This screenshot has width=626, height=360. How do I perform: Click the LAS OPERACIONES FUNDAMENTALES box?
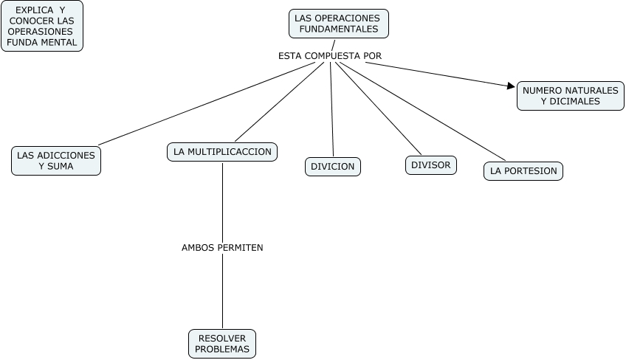click(338, 24)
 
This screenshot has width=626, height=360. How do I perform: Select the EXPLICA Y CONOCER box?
click(41, 26)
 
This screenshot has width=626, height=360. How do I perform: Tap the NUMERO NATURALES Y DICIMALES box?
click(570, 96)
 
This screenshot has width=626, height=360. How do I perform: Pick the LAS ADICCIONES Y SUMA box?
click(56, 161)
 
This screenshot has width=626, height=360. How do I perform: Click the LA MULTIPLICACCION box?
click(222, 152)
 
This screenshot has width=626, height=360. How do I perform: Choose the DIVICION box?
click(332, 167)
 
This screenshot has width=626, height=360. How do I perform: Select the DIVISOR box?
click(430, 165)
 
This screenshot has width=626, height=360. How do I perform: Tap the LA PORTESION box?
click(523, 171)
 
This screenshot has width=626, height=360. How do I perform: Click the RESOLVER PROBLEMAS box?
click(222, 344)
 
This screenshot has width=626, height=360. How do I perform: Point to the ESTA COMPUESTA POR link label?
click(330, 55)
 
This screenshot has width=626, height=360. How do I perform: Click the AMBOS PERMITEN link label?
click(222, 248)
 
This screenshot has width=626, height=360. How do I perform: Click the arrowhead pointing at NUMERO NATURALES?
click(511, 86)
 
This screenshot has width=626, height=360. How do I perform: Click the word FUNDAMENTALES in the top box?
click(339, 30)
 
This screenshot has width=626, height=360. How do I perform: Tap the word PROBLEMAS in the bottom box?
click(222, 350)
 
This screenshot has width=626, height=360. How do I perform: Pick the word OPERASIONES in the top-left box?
click(41, 32)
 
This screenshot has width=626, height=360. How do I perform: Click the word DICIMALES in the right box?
click(570, 102)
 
